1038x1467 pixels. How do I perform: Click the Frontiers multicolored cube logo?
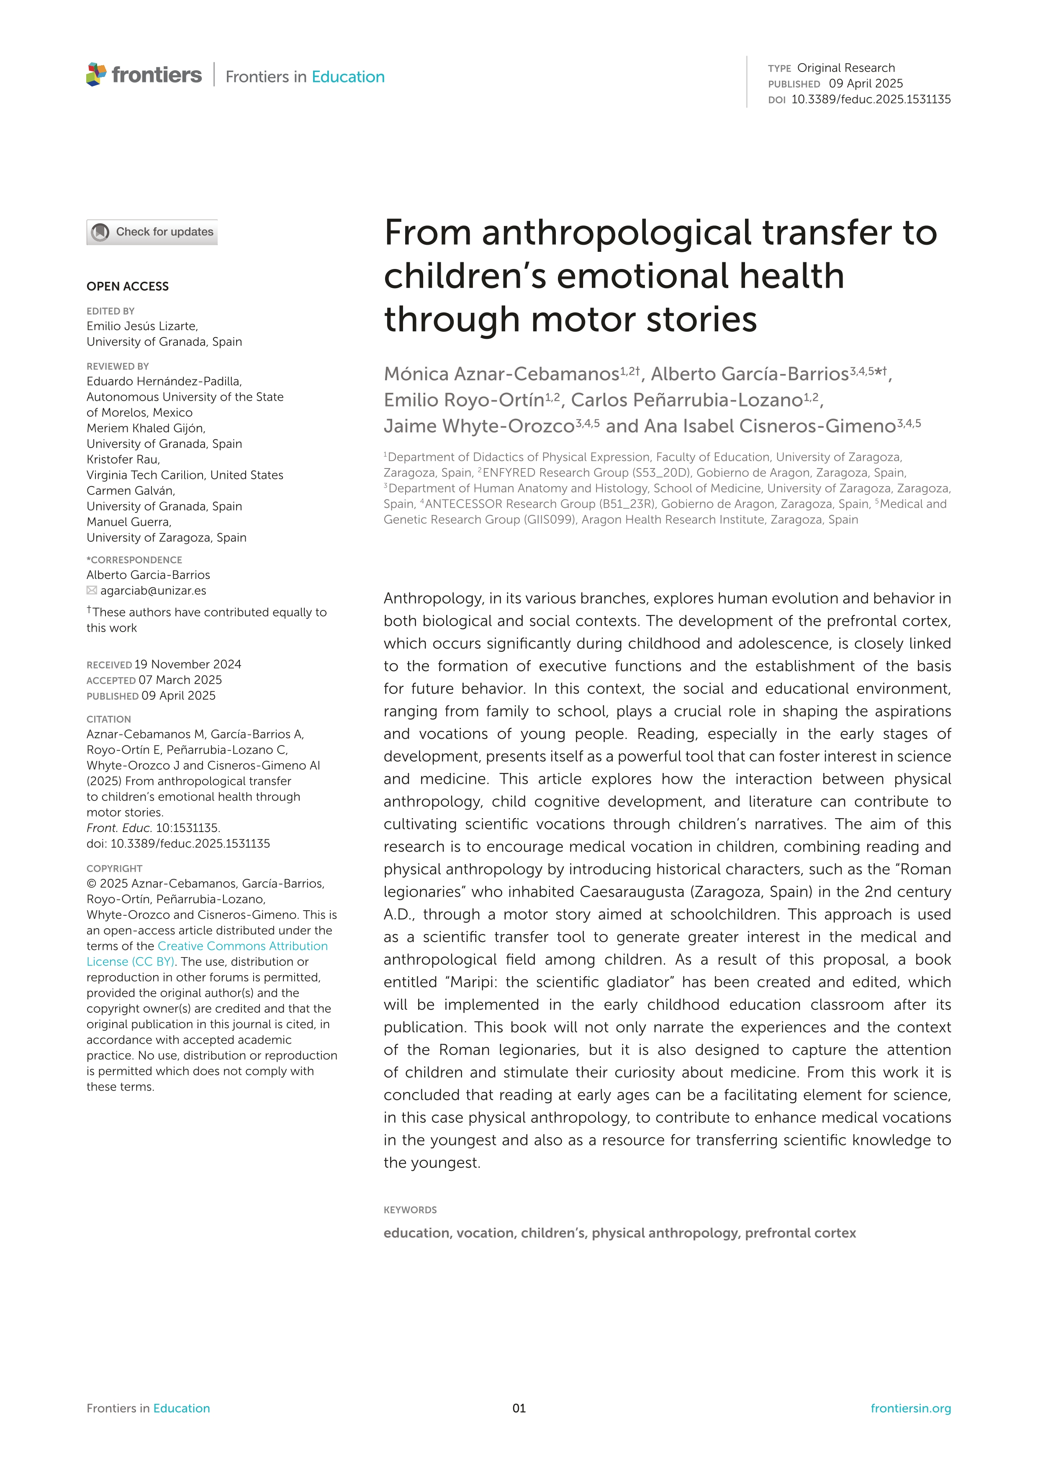(96, 75)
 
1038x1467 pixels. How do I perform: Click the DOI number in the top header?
(871, 99)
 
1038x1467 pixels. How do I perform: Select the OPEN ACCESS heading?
(128, 286)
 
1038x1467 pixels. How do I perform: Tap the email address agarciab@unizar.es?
(154, 590)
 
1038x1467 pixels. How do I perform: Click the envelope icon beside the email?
(92, 590)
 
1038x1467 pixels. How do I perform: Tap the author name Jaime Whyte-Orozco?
(479, 426)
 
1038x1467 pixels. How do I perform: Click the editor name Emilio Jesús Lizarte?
(142, 326)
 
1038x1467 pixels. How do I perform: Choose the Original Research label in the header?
(845, 68)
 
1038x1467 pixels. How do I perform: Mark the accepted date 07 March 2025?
(180, 680)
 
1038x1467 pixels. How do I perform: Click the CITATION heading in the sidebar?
(109, 719)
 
